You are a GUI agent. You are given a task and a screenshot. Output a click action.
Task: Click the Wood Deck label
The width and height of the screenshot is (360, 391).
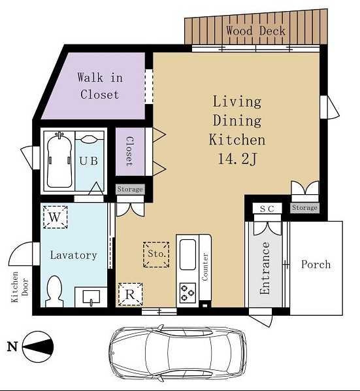255,31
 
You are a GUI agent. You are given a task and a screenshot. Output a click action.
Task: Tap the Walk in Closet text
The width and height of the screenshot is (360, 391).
100,86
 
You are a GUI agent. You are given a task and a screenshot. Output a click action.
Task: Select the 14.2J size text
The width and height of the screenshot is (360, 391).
237,158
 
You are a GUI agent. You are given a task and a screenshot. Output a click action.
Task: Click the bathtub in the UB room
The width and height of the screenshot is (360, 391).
60,160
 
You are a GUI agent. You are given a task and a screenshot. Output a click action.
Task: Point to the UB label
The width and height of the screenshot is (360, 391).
88,161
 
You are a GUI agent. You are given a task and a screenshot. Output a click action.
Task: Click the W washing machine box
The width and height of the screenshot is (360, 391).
56,217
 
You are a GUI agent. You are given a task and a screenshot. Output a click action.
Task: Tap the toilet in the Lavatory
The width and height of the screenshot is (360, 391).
54,291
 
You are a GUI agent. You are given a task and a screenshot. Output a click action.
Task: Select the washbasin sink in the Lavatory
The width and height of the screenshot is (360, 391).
91,297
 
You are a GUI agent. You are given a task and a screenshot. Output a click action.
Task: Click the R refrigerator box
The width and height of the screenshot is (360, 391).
130,294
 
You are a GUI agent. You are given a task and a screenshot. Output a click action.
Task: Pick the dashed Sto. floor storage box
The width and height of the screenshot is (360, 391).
156,254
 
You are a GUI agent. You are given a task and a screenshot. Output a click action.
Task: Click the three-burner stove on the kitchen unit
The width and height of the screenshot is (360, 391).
188,293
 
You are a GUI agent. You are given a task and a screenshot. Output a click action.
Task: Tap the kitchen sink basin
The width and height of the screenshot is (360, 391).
188,254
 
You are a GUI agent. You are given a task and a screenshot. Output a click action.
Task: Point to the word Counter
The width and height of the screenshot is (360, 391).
205,267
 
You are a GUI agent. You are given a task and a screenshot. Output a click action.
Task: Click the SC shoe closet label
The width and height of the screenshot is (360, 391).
267,209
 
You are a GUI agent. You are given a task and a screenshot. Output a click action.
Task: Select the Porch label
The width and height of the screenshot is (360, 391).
316,264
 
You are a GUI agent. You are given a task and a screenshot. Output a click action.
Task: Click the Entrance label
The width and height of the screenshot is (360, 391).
265,268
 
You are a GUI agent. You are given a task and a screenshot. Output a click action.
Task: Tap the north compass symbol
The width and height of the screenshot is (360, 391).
38,347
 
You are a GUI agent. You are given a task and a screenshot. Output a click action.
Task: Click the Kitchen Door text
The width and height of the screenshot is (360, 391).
20,287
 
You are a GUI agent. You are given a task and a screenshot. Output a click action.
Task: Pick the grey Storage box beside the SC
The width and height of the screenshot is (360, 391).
304,208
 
